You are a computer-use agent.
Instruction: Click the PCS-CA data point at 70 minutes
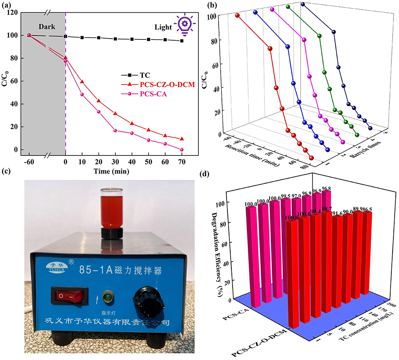tap(182, 150)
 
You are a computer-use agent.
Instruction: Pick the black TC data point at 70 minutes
tap(182, 41)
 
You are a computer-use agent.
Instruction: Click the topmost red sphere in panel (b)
tap(237, 16)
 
